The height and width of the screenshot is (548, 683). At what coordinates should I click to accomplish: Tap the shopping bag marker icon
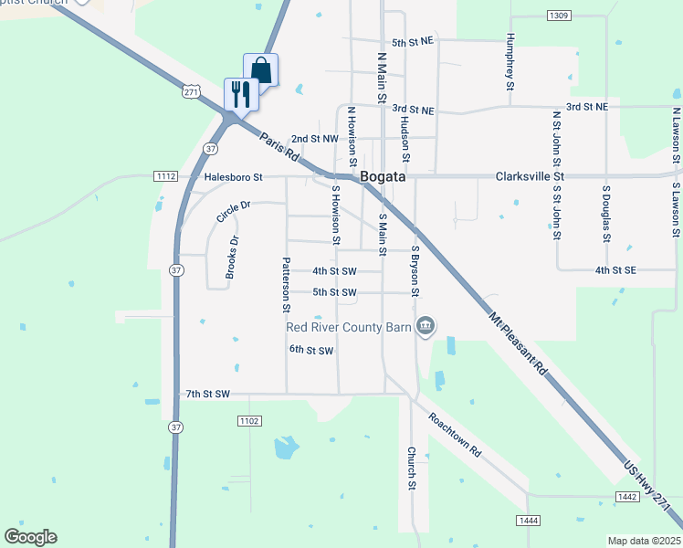[x=260, y=69]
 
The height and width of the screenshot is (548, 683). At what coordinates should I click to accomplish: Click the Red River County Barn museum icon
[x=426, y=326]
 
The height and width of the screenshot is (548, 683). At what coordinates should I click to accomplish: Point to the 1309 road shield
[x=559, y=16]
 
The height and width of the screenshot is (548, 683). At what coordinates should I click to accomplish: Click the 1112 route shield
[x=165, y=175]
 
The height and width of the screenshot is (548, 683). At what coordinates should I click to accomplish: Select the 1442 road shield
[x=626, y=497]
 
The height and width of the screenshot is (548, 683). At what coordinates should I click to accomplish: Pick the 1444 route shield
[x=528, y=521]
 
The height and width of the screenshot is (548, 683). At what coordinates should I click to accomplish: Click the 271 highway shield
[x=190, y=92]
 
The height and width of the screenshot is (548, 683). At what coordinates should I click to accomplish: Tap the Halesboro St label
[x=233, y=176]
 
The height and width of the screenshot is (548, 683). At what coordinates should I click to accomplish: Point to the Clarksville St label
[x=531, y=175]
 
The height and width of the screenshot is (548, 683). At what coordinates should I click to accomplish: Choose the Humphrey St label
[x=509, y=64]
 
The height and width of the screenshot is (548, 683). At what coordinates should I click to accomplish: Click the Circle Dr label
[x=233, y=212]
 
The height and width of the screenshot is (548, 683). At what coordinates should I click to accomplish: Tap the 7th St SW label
[x=205, y=394]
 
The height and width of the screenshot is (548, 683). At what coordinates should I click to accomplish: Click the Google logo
[x=30, y=537]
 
